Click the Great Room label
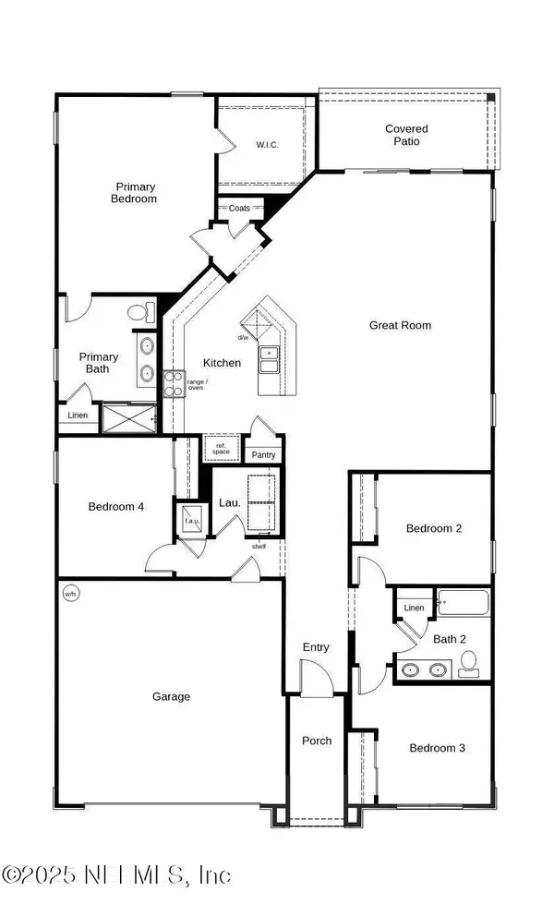(400, 325)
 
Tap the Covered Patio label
(406, 135)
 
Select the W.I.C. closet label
(267, 145)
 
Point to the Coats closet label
(239, 209)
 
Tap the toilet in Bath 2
(468, 661)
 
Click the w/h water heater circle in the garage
(70, 593)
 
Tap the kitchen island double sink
(270, 359)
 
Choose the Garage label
(172, 696)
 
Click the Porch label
(317, 741)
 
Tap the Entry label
(316, 647)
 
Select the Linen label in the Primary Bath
(78, 416)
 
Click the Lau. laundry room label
(229, 503)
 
